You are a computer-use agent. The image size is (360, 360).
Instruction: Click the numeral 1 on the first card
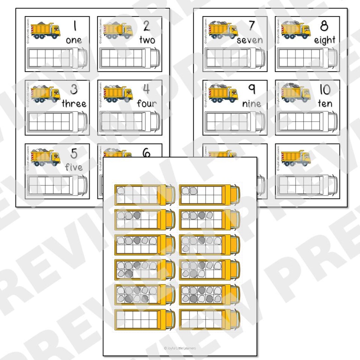(x=75, y=26)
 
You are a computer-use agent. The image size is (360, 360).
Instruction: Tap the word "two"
(x=147, y=40)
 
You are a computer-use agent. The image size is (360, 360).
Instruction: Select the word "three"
(x=74, y=104)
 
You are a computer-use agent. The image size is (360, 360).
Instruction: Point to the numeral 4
(x=146, y=89)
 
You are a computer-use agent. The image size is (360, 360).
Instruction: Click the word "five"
(x=74, y=167)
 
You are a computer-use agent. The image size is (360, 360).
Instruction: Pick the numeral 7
(x=251, y=26)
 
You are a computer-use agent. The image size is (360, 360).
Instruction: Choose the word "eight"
(x=324, y=40)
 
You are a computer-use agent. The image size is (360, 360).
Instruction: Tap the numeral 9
(x=252, y=89)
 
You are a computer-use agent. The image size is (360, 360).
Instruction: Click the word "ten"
(x=325, y=104)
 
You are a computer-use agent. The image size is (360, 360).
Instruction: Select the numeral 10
(x=325, y=89)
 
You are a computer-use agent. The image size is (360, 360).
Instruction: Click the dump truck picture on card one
(x=46, y=30)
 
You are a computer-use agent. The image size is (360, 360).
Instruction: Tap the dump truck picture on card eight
(x=296, y=30)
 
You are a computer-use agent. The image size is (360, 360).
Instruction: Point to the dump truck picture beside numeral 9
(x=223, y=93)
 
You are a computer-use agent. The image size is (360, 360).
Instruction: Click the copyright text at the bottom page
(x=180, y=348)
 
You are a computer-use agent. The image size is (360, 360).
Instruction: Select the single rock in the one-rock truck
(x=121, y=190)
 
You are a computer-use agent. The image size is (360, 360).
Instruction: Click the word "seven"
(x=249, y=40)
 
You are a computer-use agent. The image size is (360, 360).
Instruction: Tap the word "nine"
(x=251, y=104)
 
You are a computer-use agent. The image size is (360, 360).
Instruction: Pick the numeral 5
(x=74, y=153)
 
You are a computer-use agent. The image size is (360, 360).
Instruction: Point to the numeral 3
(x=74, y=89)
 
